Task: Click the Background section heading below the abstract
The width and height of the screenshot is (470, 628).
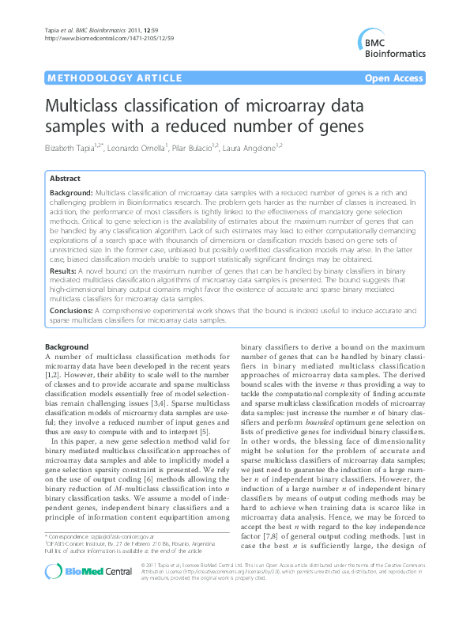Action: tap(66, 347)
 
